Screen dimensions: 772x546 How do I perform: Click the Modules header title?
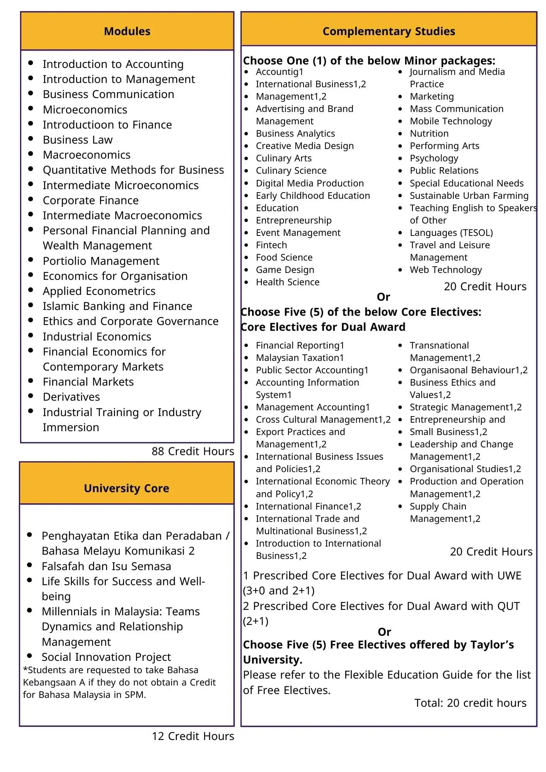[127, 31]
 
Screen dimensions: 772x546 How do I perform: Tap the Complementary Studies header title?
[388, 31]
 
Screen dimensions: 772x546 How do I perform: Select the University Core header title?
[126, 488]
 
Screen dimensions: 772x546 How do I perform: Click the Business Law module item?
[78, 140]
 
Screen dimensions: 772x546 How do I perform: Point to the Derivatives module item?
[71, 397]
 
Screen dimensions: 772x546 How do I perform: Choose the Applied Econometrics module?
[99, 291]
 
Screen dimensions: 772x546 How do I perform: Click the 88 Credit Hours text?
[193, 451]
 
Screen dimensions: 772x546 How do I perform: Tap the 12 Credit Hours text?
[193, 736]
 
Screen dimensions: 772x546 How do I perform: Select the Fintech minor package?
[271, 245]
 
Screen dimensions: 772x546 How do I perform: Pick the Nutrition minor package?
[429, 134]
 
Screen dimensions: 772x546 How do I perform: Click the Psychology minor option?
[434, 158]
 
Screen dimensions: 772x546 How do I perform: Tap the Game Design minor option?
[285, 270]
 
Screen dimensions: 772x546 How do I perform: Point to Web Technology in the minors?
[446, 270]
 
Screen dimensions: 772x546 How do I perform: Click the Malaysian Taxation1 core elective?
[300, 358]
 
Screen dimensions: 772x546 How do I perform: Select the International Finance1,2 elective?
[309, 506]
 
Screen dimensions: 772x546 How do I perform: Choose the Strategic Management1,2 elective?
[465, 407]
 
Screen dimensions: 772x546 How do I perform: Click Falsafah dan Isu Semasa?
[106, 566]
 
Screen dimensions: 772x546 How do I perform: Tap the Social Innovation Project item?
[106, 657]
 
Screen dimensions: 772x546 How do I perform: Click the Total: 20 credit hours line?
[470, 703]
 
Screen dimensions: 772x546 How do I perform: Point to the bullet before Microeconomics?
[31, 108]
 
